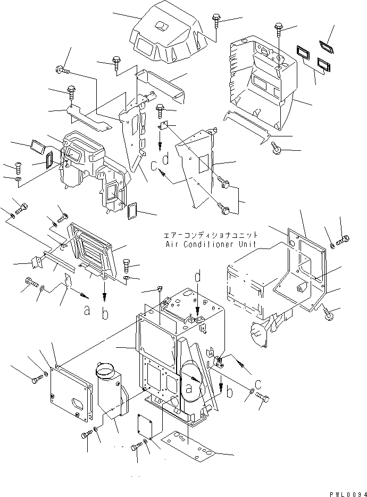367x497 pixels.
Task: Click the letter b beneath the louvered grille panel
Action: click(x=105, y=314)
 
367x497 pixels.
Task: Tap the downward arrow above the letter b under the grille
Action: click(x=105, y=290)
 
